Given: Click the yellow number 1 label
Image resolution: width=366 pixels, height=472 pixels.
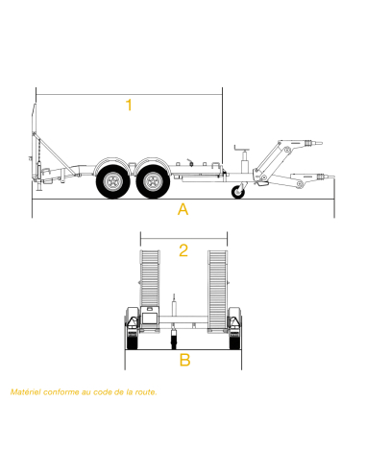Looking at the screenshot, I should pyautogui.click(x=129, y=106).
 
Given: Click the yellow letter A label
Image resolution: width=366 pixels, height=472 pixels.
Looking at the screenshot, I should pyautogui.click(x=183, y=210).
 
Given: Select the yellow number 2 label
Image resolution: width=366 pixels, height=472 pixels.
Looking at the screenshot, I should pyautogui.click(x=183, y=251).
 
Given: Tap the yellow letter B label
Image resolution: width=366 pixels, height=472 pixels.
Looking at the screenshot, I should pyautogui.click(x=184, y=361).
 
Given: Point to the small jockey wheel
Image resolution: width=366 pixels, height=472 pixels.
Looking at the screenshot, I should pyautogui.click(x=238, y=193).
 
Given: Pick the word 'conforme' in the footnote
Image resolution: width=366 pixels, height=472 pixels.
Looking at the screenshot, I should pyautogui.click(x=60, y=392).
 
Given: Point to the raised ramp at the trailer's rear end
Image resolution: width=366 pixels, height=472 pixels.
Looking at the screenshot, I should pyautogui.click(x=37, y=144).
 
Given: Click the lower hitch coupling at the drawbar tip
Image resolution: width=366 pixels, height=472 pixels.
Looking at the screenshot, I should pyautogui.click(x=324, y=177).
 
